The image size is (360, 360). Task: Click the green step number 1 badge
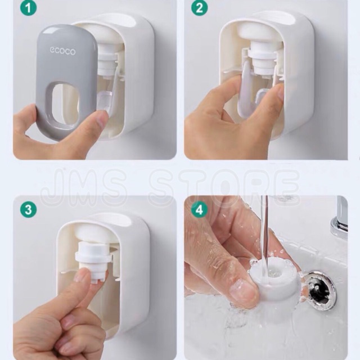coord(28,8)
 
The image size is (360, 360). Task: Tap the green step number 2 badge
coord(199,8)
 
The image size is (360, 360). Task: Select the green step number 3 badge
coord(28,210)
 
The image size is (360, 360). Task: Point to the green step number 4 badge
coord(199,210)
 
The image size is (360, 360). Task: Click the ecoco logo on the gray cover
coord(62,51)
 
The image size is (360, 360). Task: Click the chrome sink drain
coord(320,290)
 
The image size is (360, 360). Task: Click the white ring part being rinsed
coord(273,280)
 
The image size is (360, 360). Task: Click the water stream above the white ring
coord(264,229)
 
